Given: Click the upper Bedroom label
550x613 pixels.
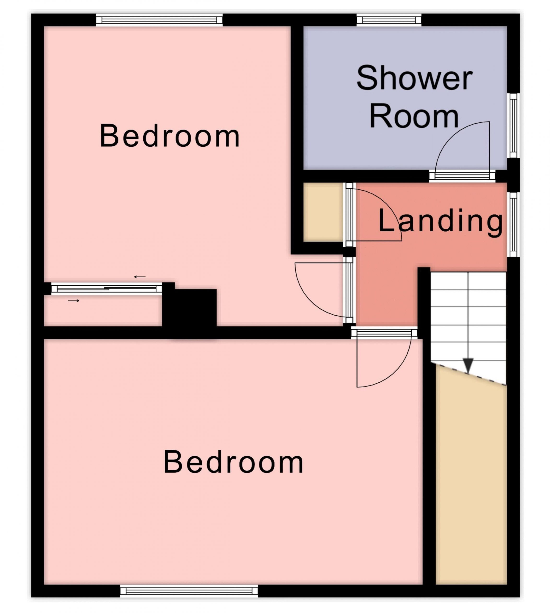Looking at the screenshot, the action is pyautogui.click(x=170, y=136).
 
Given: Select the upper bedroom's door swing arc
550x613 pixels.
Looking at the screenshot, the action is pyautogui.click(x=305, y=299).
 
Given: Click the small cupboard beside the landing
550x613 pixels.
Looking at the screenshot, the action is pyautogui.click(x=323, y=212).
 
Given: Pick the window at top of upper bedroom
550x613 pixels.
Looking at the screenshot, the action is pyautogui.click(x=159, y=20).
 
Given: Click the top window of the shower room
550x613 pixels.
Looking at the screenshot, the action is pyautogui.click(x=389, y=20).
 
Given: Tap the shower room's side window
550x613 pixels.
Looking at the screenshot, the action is pyautogui.click(x=513, y=125).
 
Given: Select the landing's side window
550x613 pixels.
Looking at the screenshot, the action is pyautogui.click(x=513, y=224).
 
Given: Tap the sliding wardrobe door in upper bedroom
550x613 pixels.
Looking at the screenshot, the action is pyautogui.click(x=107, y=289).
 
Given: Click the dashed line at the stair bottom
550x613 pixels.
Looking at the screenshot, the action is pyautogui.click(x=468, y=374).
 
